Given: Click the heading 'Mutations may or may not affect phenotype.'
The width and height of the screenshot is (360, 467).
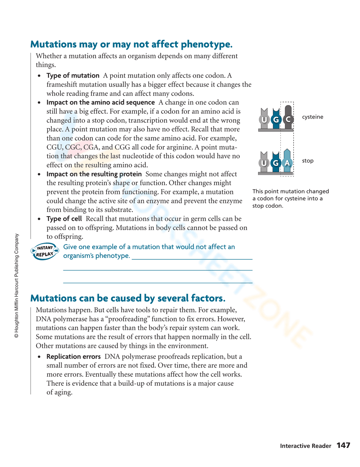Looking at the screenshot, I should tap(131, 44).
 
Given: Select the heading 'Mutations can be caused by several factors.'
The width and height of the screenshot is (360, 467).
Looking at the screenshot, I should tap(128, 298).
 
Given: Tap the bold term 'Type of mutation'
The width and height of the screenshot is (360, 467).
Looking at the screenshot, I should tap(73, 76).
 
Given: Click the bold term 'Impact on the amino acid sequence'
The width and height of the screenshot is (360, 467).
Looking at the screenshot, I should tap(100, 103).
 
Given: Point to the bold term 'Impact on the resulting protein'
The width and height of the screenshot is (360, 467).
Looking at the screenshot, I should tap(94, 174).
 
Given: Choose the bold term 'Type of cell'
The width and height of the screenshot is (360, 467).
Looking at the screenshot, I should tap(64, 219).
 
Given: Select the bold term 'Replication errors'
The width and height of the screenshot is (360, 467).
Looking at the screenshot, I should tap(73, 357).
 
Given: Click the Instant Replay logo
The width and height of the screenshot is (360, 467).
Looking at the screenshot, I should tap(45, 251).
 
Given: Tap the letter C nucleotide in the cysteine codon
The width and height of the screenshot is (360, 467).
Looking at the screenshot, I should tap(288, 119).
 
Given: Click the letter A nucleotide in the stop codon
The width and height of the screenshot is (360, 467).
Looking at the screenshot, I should tap(287, 163).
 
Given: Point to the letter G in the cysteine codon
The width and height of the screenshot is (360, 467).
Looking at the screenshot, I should tap(276, 119).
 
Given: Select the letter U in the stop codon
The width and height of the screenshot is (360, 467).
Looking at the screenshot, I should tap(264, 163).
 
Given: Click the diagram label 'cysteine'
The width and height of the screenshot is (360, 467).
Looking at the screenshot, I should tap(312, 117).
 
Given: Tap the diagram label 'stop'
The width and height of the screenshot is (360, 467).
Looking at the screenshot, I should tap(307, 161).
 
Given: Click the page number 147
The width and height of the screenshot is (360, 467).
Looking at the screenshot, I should tap(343, 445).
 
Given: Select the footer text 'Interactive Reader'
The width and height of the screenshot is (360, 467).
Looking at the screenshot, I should tap(305, 446).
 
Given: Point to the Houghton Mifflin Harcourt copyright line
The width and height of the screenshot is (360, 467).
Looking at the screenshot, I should tap(17, 286).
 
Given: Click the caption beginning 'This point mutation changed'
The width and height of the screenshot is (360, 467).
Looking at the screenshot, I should tap(290, 198).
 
